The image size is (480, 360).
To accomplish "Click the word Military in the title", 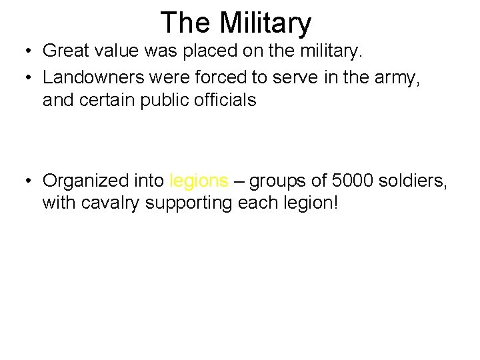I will click(265, 23).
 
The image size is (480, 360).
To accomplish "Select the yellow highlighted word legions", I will click(199, 181).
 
